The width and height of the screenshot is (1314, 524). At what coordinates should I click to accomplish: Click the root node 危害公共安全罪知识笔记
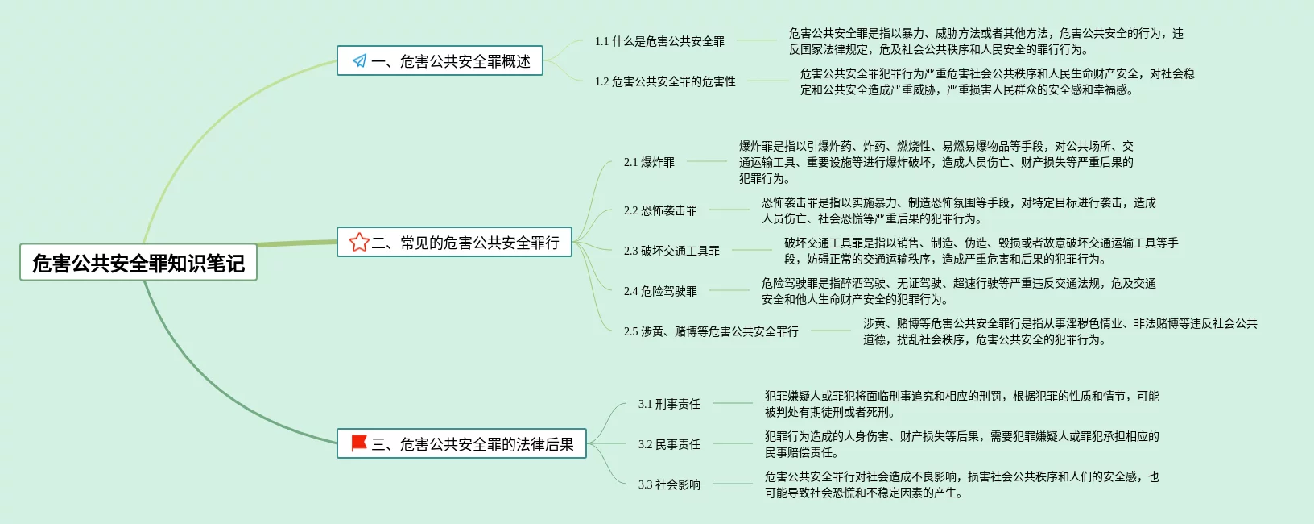138,263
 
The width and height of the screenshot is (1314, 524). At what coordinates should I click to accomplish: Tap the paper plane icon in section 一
359,60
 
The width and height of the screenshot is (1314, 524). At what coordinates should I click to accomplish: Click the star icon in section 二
359,242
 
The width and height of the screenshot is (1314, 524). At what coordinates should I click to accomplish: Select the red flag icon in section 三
359,443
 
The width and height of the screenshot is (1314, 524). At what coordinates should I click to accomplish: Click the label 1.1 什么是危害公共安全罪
659,41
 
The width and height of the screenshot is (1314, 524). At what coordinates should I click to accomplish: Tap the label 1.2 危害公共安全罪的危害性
665,81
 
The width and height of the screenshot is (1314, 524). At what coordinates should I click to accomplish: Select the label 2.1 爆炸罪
649,162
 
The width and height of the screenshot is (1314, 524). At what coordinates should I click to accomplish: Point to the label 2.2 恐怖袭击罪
660,210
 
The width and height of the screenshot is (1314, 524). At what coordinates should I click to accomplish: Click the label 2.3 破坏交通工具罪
671,251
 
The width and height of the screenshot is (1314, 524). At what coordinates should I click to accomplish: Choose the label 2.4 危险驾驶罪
660,291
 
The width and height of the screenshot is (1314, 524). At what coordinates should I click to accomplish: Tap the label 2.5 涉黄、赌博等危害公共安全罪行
711,331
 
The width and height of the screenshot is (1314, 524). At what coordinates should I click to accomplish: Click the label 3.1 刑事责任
669,404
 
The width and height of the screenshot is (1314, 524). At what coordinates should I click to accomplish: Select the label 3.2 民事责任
669,444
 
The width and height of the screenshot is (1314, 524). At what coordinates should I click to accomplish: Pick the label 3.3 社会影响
669,484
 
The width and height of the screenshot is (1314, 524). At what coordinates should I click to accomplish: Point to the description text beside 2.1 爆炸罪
936,162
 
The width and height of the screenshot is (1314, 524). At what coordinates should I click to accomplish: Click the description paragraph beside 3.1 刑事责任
961,404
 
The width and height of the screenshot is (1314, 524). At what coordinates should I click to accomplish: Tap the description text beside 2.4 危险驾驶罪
958,291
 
